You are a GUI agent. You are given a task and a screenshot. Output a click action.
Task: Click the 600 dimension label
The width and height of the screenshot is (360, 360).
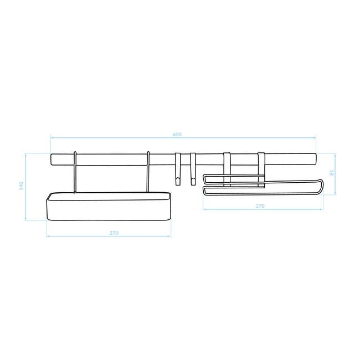[177, 135]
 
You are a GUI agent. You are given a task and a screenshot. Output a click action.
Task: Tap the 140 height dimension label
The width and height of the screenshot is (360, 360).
[22, 186]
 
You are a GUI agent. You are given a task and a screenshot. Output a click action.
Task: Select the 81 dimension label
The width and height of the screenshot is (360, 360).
[332, 173]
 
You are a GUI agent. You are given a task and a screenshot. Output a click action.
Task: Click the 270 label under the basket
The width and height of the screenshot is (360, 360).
[114, 233]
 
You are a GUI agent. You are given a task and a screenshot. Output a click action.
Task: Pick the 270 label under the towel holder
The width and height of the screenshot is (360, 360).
[260, 206]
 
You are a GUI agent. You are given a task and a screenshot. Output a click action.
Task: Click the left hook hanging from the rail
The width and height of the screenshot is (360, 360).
[178, 169]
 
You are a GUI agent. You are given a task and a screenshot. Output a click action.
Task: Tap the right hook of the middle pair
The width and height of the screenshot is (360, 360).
[193, 169]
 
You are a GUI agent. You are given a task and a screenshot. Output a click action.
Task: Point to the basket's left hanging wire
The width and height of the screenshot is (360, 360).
[75, 172]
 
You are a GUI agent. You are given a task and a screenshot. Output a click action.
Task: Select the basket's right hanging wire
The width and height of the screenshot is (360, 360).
[148, 172]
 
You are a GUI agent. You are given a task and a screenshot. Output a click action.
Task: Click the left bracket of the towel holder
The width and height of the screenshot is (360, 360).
[227, 169]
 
